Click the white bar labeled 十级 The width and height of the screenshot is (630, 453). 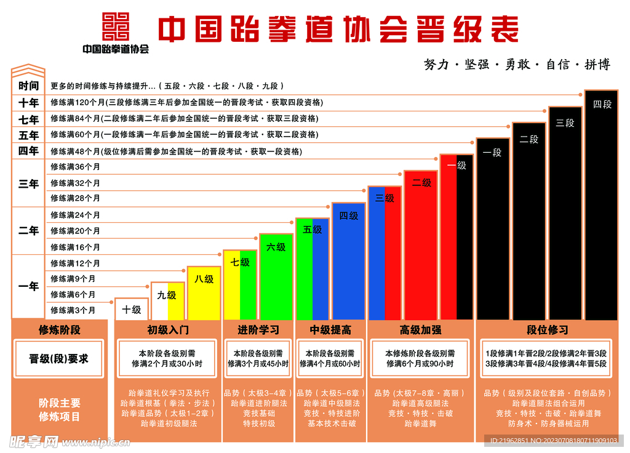point(131,309)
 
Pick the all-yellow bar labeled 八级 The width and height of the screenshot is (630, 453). point(204,293)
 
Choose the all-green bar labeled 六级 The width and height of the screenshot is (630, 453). point(276,276)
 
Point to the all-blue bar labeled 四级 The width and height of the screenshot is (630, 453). point(348,261)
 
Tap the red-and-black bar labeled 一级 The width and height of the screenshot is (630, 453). point(457,237)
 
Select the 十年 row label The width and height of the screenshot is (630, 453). point(28,103)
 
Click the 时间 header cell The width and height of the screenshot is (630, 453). point(28,86)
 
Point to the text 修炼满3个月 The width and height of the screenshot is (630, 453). point(73,310)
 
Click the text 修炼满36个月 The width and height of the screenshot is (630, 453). point(75,167)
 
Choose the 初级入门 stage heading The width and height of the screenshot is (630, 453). point(167,330)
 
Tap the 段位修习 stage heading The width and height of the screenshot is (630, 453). point(547,330)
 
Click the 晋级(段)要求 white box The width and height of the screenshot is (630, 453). point(59,358)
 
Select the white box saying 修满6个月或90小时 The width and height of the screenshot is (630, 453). point(420,358)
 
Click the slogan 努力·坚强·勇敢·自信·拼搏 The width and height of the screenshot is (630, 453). point(517,65)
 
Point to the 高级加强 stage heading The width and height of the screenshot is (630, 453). point(420,330)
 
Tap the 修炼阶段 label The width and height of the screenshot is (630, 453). point(59,330)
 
